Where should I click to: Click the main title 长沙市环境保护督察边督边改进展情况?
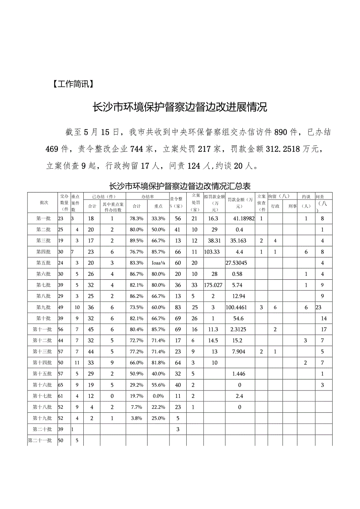pyautogui.click(x=180, y=107)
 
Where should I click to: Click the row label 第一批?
pyautogui.click(x=43, y=218)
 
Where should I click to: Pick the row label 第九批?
pyautogui.click(x=43, y=307)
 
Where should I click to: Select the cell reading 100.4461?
pyautogui.click(x=239, y=307)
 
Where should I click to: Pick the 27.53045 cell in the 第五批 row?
pyautogui.click(x=239, y=263)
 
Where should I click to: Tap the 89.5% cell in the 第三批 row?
pyautogui.click(x=137, y=241)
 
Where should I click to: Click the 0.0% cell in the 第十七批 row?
pyautogui.click(x=159, y=396)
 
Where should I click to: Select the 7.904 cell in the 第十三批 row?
pyautogui.click(x=239, y=351)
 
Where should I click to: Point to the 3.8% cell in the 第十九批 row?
pyautogui.click(x=137, y=418)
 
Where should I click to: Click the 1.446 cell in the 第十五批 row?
pyautogui.click(x=239, y=374)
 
